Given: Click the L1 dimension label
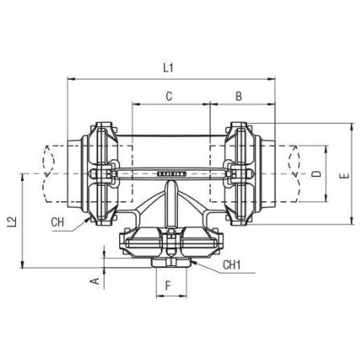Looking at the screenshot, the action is click(168, 68).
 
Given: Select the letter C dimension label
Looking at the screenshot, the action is click(169, 97).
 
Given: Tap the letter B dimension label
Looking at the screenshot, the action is click(239, 97).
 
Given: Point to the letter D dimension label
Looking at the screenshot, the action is click(317, 174).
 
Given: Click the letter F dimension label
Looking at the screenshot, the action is click(168, 286).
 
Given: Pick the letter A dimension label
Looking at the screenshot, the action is click(95, 281).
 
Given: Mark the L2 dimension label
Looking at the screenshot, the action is click(12, 221).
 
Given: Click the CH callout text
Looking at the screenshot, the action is click(57, 222).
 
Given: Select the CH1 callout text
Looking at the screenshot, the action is click(232, 265).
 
